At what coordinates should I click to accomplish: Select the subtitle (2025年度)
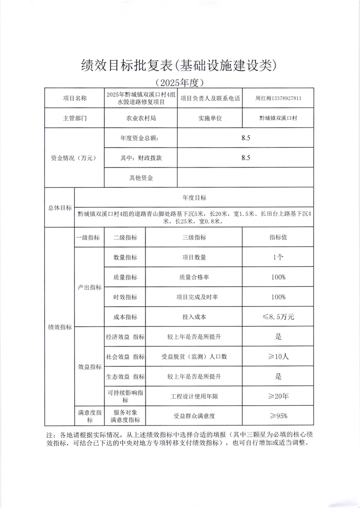tap(180, 82)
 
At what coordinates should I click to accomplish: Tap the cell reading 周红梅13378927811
tap(278, 98)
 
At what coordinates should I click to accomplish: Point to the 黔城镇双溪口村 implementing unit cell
tap(278, 118)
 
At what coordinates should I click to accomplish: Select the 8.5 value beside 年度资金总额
tap(246, 138)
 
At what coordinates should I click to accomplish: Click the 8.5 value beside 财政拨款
tap(246, 158)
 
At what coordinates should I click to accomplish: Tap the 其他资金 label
tap(141, 178)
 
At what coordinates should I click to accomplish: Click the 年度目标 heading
tap(194, 197)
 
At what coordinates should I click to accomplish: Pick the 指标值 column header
tap(278, 238)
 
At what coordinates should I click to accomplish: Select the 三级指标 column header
tap(194, 238)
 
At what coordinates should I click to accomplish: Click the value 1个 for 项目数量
tap(278, 257)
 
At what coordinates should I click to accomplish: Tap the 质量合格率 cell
tap(194, 277)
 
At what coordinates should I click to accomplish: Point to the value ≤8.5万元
tap(278, 317)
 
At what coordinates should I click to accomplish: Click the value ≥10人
tap(278, 357)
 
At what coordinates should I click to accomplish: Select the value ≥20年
tap(278, 396)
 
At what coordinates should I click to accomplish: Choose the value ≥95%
tap(278, 416)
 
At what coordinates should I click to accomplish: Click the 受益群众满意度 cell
tap(194, 416)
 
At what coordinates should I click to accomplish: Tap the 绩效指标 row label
tap(60, 327)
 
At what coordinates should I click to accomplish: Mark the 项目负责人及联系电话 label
tap(210, 98)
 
